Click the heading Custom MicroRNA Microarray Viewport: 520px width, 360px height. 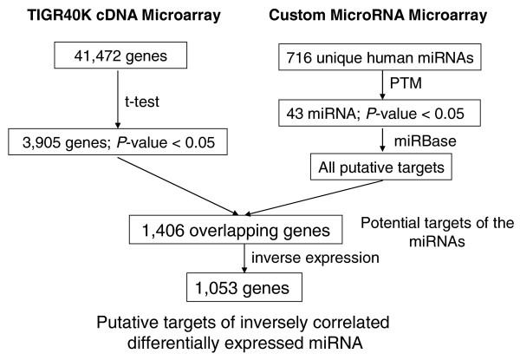click(x=377, y=15)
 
